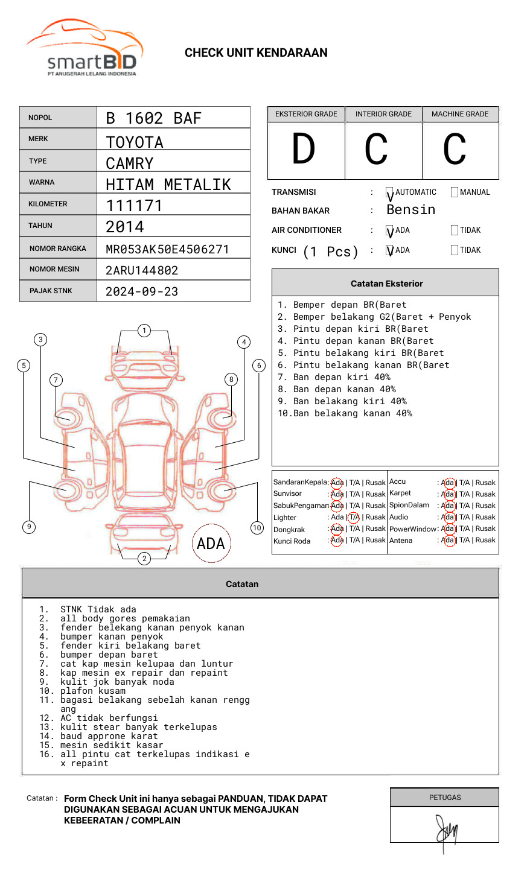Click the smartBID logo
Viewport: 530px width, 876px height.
(x=85, y=51)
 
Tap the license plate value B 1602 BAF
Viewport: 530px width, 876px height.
(x=153, y=118)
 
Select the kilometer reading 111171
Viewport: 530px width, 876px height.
(x=134, y=206)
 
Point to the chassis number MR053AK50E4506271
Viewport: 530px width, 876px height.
(x=167, y=249)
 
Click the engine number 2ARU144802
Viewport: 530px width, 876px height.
(x=142, y=270)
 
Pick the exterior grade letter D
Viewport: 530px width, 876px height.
(x=304, y=149)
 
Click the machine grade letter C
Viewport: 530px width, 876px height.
(x=455, y=149)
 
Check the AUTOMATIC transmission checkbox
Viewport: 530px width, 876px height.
(x=390, y=192)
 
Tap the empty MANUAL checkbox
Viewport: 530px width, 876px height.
(x=455, y=192)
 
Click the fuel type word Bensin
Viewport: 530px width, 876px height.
(x=410, y=210)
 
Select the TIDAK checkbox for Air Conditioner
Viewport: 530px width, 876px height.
(x=455, y=230)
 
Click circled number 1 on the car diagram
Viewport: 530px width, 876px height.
(x=144, y=331)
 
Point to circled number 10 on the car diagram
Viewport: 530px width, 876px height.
(x=257, y=528)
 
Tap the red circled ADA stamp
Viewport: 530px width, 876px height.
(x=211, y=544)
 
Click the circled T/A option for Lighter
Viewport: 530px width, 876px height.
(x=354, y=517)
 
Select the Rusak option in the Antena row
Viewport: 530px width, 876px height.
(x=485, y=541)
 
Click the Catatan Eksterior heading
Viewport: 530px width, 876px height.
(x=386, y=284)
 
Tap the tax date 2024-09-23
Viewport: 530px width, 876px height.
(x=142, y=291)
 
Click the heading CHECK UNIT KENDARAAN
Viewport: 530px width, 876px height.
(x=256, y=53)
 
